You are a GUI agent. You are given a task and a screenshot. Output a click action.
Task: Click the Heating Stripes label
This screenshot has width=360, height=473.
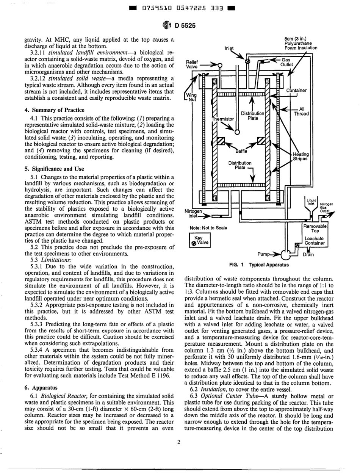click(302, 157)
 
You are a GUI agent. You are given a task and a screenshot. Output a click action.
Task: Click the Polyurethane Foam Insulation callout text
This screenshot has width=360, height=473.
click(301, 43)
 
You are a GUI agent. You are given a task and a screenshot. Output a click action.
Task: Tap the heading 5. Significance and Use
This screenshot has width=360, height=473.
click(51, 169)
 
